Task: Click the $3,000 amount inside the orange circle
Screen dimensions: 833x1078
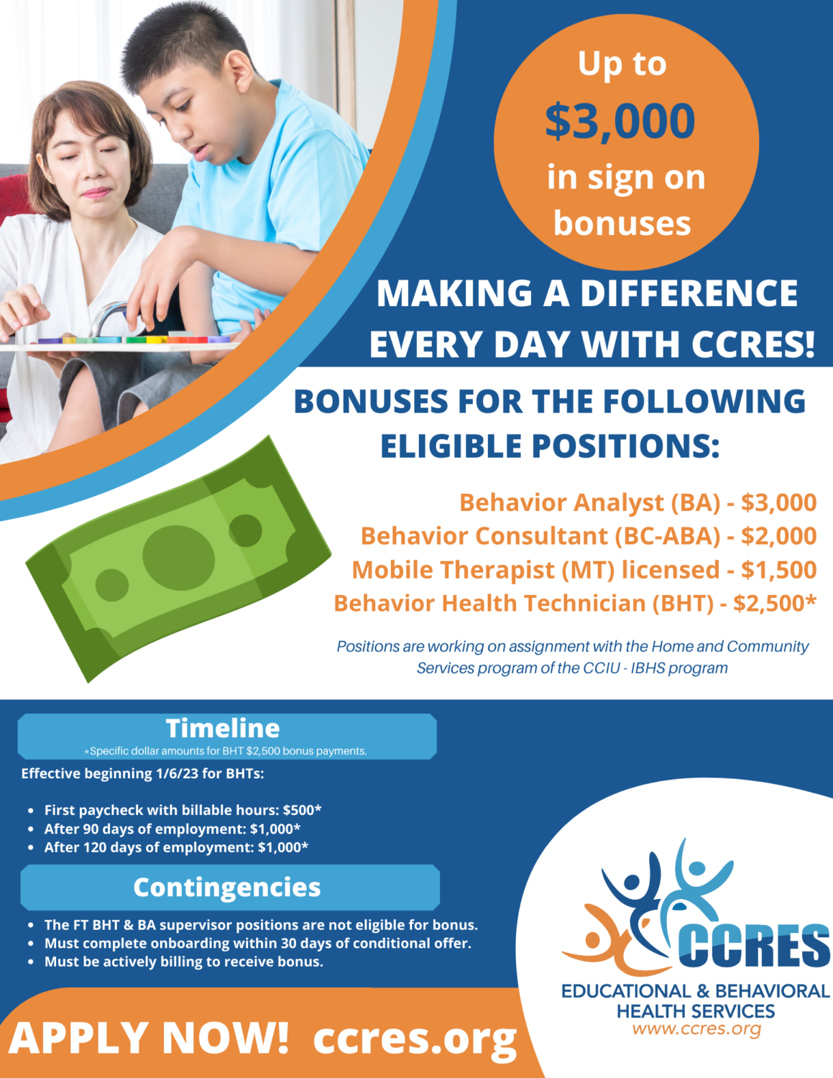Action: [x=620, y=121]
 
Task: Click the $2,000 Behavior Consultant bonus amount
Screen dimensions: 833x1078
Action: [x=779, y=536]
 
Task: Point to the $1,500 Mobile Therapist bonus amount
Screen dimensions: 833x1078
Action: [x=779, y=570]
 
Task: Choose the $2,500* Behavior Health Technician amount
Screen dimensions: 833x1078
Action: [x=775, y=603]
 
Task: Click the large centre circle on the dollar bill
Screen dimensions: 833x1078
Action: [x=179, y=558]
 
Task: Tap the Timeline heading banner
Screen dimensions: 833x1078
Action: [x=227, y=736]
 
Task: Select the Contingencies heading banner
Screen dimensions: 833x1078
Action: [x=230, y=888]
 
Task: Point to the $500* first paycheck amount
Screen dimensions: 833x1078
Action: [x=302, y=810]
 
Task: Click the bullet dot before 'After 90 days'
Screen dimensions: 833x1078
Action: [x=31, y=829]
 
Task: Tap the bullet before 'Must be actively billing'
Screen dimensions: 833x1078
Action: [x=31, y=962]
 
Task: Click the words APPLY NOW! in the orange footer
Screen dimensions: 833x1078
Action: [x=148, y=1038]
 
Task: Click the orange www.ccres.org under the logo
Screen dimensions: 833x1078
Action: [x=696, y=1029]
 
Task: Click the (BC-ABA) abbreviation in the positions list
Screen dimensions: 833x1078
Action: [x=668, y=536]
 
